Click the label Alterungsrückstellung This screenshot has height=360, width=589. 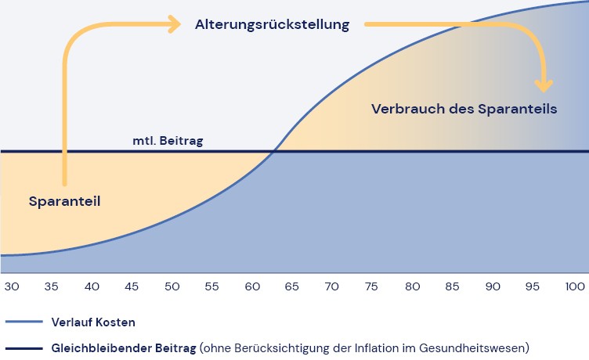[x=272, y=24]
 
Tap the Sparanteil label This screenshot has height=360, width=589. [x=65, y=201]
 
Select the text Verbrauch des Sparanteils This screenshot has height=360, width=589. [x=464, y=109]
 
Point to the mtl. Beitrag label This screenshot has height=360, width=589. [x=168, y=142]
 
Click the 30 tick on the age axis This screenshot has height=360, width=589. [x=12, y=286]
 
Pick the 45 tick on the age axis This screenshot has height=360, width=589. [x=132, y=286]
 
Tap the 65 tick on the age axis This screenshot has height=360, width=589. [x=291, y=286]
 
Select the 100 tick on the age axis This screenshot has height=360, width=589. [x=575, y=286]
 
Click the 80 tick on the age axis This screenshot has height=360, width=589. [x=412, y=286]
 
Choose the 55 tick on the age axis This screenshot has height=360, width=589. [x=211, y=286]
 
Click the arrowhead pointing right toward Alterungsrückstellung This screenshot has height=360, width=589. [x=175, y=24]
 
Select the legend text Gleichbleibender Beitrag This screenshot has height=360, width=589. [x=124, y=346]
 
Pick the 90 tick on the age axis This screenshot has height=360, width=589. [x=493, y=286]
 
